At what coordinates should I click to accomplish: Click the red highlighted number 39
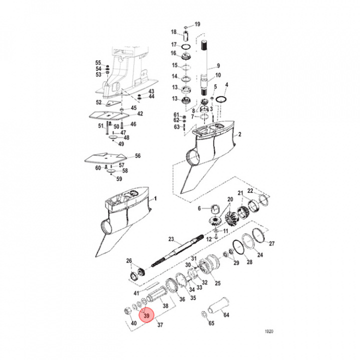coord(146,316)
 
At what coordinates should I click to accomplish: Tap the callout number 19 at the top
coord(197,24)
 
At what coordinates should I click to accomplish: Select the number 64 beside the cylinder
coord(225,315)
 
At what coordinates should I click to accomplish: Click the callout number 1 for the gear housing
coord(155,198)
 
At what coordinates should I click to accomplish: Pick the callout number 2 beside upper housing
coord(239,135)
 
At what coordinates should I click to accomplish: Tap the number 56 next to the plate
coord(137,155)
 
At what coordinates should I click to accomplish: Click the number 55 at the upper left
coord(98,62)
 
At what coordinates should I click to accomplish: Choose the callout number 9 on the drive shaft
coord(217,65)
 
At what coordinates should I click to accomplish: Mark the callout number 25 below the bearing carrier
coord(217,283)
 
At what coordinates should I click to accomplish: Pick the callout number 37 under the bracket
coord(160,325)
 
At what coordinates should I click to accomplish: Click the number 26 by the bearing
coord(129,261)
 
